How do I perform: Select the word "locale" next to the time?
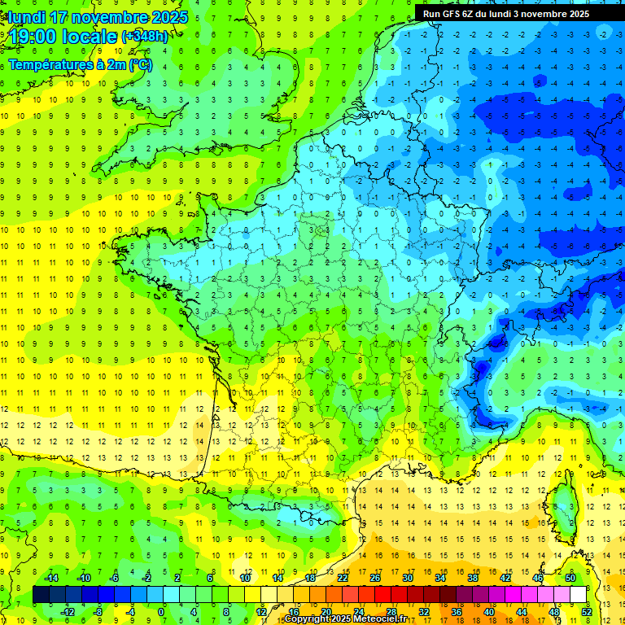[x=95, y=37]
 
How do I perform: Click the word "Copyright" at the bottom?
[x=307, y=619]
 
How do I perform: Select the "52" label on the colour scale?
[x=587, y=612]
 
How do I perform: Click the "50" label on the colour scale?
[x=570, y=578]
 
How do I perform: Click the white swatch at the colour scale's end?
[x=579, y=595]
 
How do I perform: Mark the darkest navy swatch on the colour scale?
[x=41, y=595]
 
